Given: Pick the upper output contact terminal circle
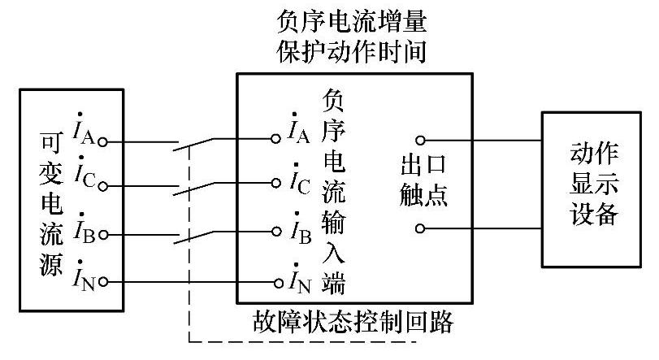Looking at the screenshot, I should pyautogui.click(x=420, y=140).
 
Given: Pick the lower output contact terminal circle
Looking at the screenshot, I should pyautogui.click(x=420, y=228).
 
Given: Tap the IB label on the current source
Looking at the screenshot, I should pyautogui.click(x=85, y=229).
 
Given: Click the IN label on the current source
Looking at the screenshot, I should pyautogui.click(x=85, y=276).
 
